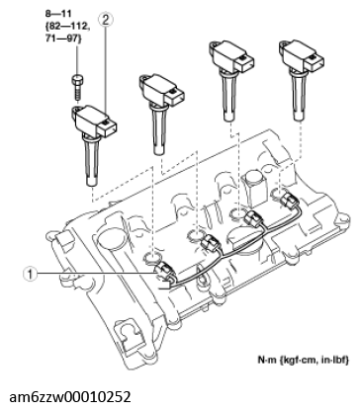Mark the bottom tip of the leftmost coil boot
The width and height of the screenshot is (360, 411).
click(92, 185)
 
